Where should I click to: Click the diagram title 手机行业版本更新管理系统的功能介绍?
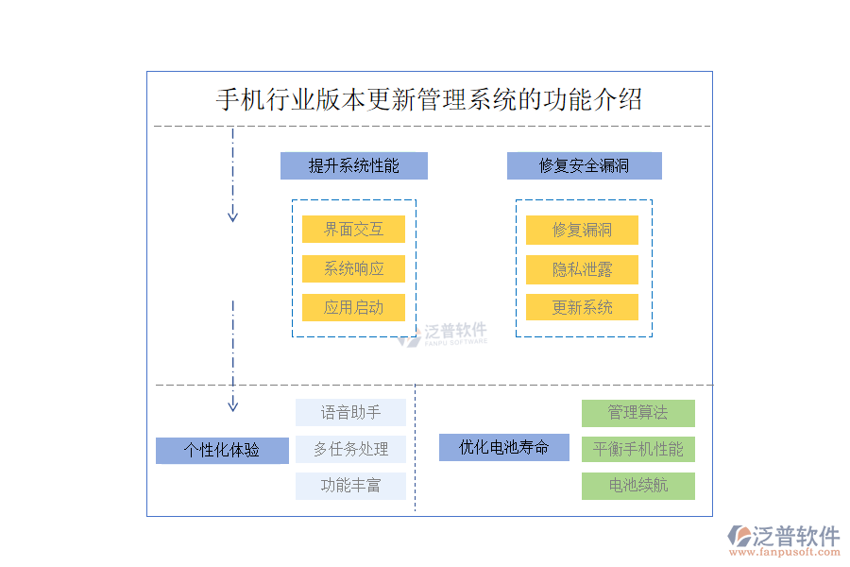coord(429,99)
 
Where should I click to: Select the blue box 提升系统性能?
coord(354,166)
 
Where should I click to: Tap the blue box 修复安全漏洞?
coord(584,166)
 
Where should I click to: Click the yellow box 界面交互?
coord(354,230)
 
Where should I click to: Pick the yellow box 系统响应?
coord(354,268)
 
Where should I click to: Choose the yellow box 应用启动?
coord(354,307)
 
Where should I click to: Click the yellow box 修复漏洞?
coord(582,230)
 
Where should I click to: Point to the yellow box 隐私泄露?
coord(582,269)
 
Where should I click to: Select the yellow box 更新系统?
coord(582,307)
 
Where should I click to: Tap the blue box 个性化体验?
coord(222,450)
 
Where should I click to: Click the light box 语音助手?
coord(350,413)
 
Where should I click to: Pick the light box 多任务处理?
coord(350,450)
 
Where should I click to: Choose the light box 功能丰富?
coord(350,486)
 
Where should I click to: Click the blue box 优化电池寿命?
coord(503,447)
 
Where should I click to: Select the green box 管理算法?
coord(637,413)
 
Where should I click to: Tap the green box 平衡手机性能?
coord(637,449)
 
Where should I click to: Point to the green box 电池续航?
coord(637,486)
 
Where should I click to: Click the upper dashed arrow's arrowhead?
coord(232,216)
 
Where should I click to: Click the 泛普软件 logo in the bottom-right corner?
coord(783,540)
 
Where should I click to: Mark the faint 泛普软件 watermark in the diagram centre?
coord(443,333)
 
